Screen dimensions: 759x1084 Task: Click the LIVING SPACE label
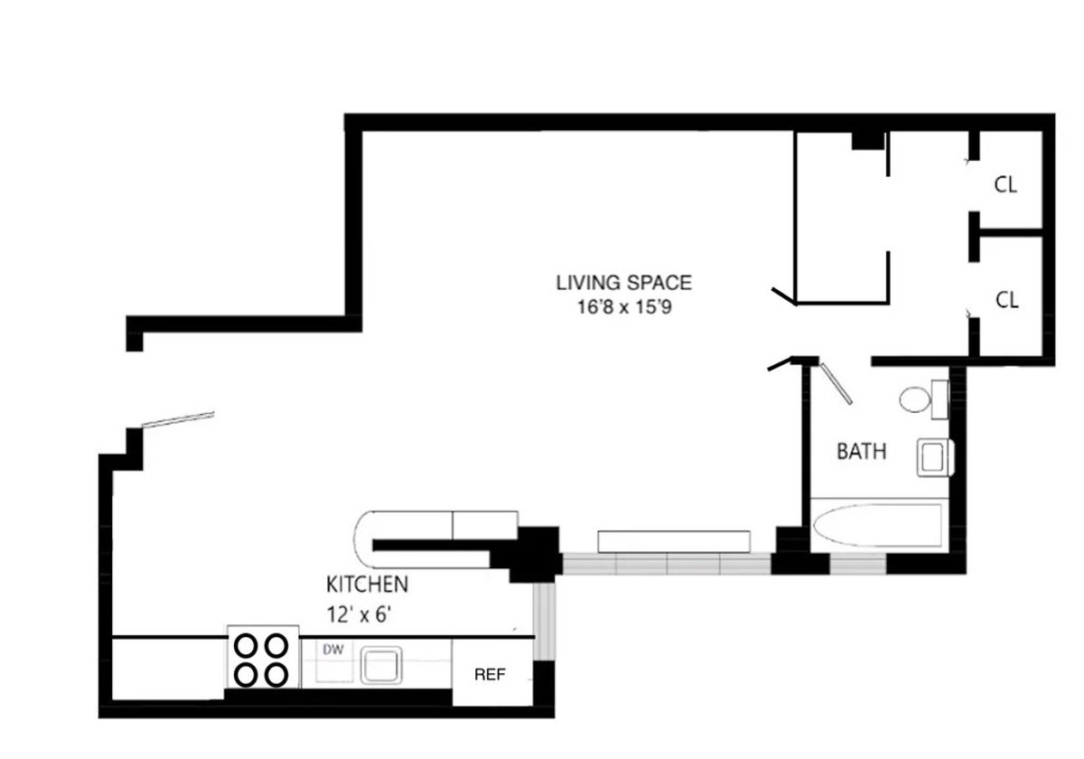623,283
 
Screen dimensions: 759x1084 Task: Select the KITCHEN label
368,584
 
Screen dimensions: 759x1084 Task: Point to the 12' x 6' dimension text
360,614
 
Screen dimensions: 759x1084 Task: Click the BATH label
862,451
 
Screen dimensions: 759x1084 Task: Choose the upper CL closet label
1005,185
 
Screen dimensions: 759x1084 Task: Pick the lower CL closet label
1006,300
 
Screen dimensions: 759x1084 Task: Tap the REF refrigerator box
490,674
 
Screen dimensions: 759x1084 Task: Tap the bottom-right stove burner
277,674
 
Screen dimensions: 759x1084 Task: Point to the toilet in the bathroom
921,398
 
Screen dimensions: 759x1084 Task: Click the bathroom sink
933,456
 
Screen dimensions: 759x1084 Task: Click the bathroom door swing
836,382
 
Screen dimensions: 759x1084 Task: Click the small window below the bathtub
857,565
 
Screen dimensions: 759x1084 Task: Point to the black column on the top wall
868,139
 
